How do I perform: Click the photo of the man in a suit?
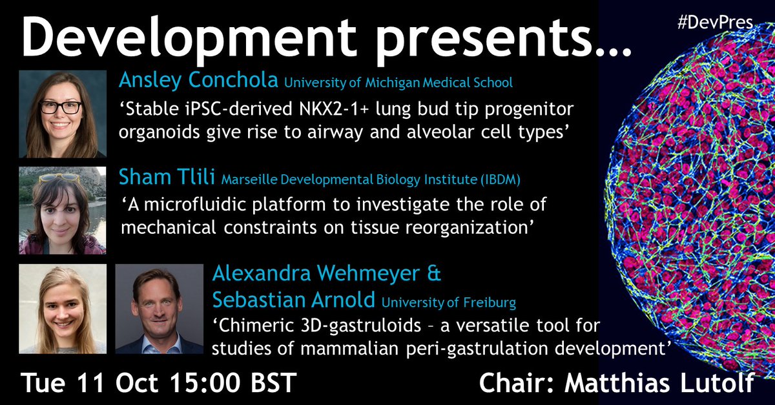point(159,309)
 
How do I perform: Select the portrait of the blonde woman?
point(62,309)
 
